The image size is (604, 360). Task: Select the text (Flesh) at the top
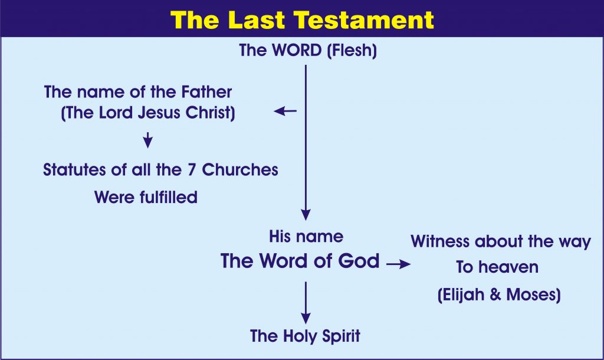tap(352, 51)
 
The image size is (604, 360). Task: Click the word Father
tap(206, 92)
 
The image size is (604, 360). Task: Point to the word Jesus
tap(159, 113)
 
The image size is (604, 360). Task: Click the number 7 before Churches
tap(192, 169)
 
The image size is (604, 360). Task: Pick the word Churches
tap(240, 169)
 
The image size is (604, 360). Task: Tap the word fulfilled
tap(168, 197)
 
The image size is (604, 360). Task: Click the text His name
tap(306, 236)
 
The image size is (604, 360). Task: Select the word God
tap(359, 261)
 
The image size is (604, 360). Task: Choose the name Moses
tap(533, 295)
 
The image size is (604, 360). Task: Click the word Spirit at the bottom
tap(342, 336)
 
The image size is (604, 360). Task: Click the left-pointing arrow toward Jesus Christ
tap(285, 112)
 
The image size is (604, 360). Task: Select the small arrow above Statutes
tap(148, 140)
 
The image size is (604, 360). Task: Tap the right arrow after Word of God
tap(399, 264)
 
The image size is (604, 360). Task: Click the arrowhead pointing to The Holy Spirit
tap(306, 318)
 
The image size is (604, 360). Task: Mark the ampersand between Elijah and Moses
tap(495, 295)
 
